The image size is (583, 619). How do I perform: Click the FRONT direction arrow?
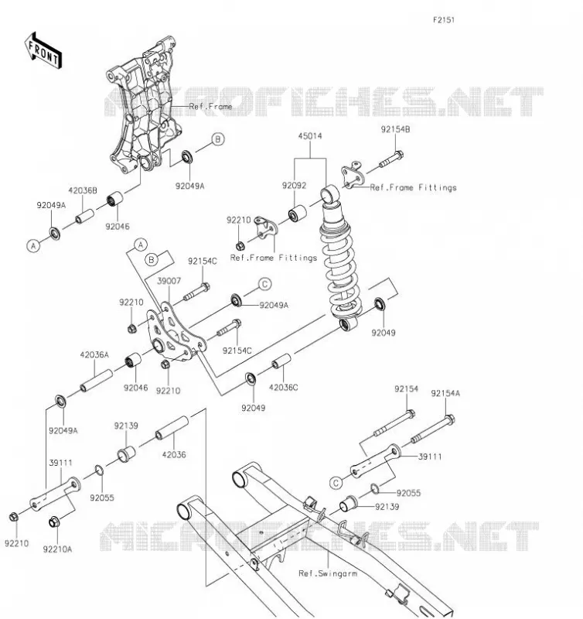43,51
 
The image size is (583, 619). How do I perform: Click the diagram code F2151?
444,20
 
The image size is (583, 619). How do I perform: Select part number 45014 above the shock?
310,136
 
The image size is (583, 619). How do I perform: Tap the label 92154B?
395,129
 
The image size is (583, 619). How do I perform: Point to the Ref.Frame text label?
210,106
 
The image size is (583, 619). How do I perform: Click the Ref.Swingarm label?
328,573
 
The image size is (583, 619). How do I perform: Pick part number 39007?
169,281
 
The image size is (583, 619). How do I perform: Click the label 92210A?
57,549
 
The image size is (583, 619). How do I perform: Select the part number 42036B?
83,190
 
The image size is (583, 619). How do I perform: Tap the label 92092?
295,186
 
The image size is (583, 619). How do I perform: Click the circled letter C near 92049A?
264,284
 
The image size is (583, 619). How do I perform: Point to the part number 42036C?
284,388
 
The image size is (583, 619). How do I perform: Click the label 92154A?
445,393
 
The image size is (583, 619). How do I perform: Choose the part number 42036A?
94,355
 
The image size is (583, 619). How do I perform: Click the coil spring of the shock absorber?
340,268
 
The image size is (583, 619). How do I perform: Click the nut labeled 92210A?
54,522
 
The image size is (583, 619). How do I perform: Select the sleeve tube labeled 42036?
172,428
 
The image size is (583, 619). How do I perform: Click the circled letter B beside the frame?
218,139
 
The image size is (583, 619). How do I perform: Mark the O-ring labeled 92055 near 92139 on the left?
100,470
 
